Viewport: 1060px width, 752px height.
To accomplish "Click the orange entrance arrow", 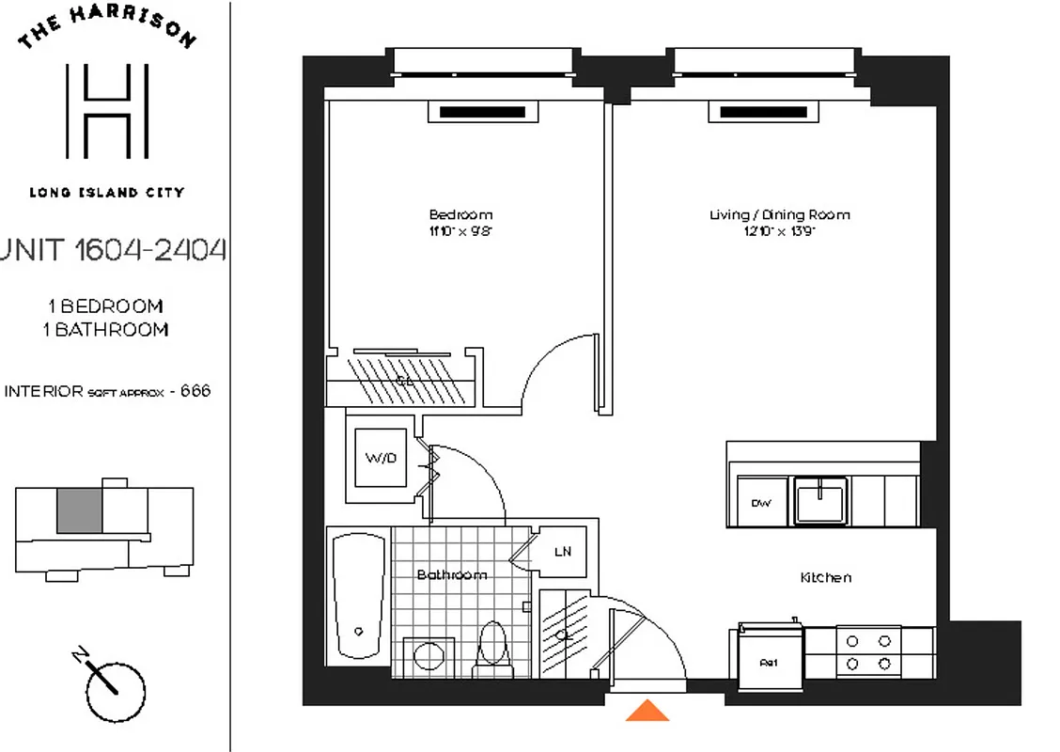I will coord(647,711).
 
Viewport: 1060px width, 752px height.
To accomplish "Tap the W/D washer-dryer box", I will coord(381,459).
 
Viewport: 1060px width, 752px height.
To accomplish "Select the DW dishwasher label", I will coord(760,503).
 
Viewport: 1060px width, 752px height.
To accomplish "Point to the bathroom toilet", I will coord(491,647).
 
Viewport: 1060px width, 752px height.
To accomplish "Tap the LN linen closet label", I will coord(562,552).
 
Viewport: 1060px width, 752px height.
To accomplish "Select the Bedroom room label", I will coord(460,214).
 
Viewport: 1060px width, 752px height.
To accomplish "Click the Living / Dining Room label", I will coord(780,214).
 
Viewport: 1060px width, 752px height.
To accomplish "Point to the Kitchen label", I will coord(826,577).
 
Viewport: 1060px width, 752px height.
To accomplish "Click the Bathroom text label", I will coord(452,574).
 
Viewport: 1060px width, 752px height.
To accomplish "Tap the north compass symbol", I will coord(115,691).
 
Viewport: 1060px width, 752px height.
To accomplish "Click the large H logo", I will coord(107,111).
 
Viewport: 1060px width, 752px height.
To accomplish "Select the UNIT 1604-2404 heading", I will coord(114,251).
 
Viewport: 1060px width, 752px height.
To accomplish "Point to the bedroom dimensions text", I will coord(460,229).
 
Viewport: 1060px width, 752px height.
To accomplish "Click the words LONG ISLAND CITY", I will coord(107,193).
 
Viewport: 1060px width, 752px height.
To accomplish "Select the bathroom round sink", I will coord(430,654).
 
